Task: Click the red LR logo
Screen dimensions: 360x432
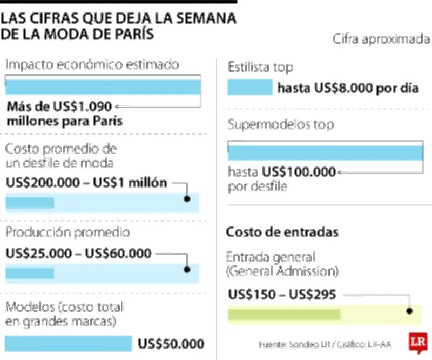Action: point(417,343)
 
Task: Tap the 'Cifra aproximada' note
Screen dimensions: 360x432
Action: point(381,39)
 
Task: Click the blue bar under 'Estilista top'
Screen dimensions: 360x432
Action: point(250,88)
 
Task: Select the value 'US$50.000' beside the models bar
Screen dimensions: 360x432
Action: point(171,344)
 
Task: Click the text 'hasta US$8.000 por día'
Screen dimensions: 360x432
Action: point(348,88)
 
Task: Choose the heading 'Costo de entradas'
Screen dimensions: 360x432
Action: point(282,232)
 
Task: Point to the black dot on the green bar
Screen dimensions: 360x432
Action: point(409,311)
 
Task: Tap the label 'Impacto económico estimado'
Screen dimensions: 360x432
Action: point(92,65)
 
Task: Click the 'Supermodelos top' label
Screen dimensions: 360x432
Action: point(281,125)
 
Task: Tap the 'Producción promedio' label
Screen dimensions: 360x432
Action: point(67,232)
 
